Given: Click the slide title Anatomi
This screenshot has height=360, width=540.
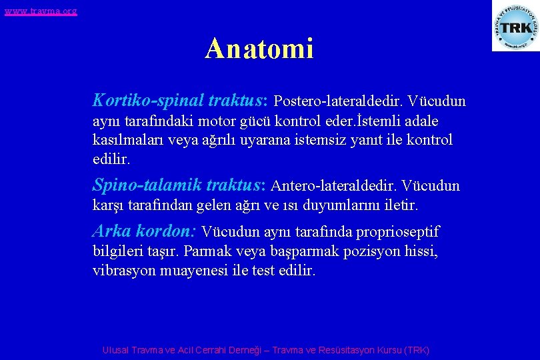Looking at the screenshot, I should (x=259, y=49).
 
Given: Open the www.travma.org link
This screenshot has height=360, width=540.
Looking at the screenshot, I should (x=40, y=11).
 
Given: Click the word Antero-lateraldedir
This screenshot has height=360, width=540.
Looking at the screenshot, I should (x=333, y=186).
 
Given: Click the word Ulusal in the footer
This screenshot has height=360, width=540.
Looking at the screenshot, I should (x=117, y=350).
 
